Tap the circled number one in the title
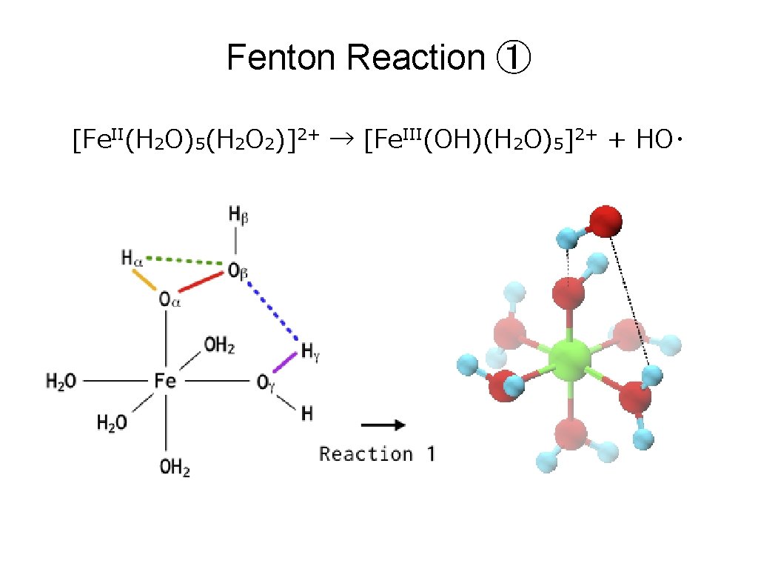click(512, 59)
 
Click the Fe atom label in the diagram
click(165, 381)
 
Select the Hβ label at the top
click(238, 216)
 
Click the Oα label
click(170, 299)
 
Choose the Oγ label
click(266, 382)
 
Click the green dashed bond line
click(185, 260)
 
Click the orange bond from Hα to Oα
click(144, 279)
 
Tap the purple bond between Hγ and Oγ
click(286, 364)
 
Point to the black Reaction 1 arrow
click(382, 425)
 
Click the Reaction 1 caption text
click(377, 453)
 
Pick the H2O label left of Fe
click(61, 382)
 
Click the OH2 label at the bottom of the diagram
click(175, 468)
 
